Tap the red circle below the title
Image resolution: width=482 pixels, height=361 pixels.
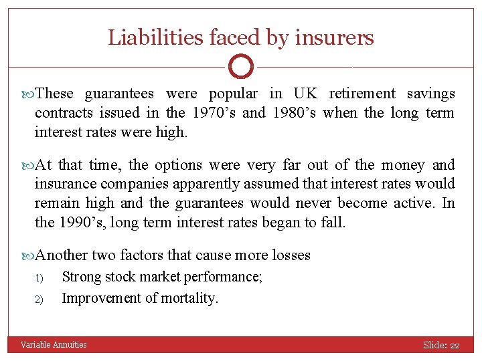[240, 67]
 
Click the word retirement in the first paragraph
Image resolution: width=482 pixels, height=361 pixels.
[362, 94]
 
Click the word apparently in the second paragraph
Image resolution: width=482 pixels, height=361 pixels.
[246, 183]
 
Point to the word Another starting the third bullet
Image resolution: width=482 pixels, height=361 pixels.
[62, 255]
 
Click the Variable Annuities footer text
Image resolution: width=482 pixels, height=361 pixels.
[54, 345]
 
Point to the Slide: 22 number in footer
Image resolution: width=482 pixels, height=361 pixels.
[440, 345]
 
